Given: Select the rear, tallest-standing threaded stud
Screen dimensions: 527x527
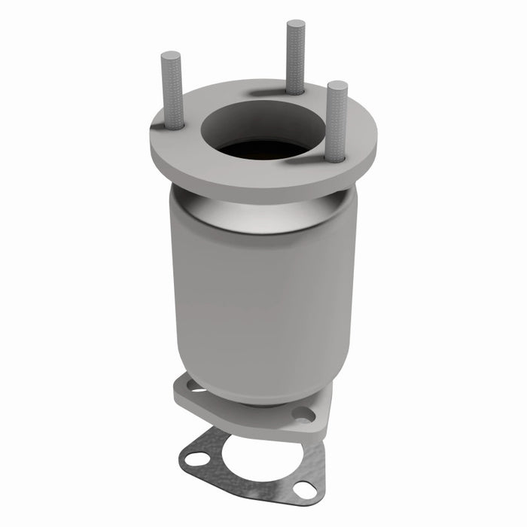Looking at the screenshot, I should pos(295,56).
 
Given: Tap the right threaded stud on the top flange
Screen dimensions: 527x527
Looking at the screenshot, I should pos(337,120).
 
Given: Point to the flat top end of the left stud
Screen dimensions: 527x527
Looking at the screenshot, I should pos(171,55).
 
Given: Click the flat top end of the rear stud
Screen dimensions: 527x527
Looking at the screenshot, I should pos(295,23).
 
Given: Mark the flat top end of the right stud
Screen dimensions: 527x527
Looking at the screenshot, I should pos(337,84).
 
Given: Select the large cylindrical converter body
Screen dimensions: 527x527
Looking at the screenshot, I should pos(260,301).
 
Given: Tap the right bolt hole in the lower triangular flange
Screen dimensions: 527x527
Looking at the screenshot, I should pos(302,414).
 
